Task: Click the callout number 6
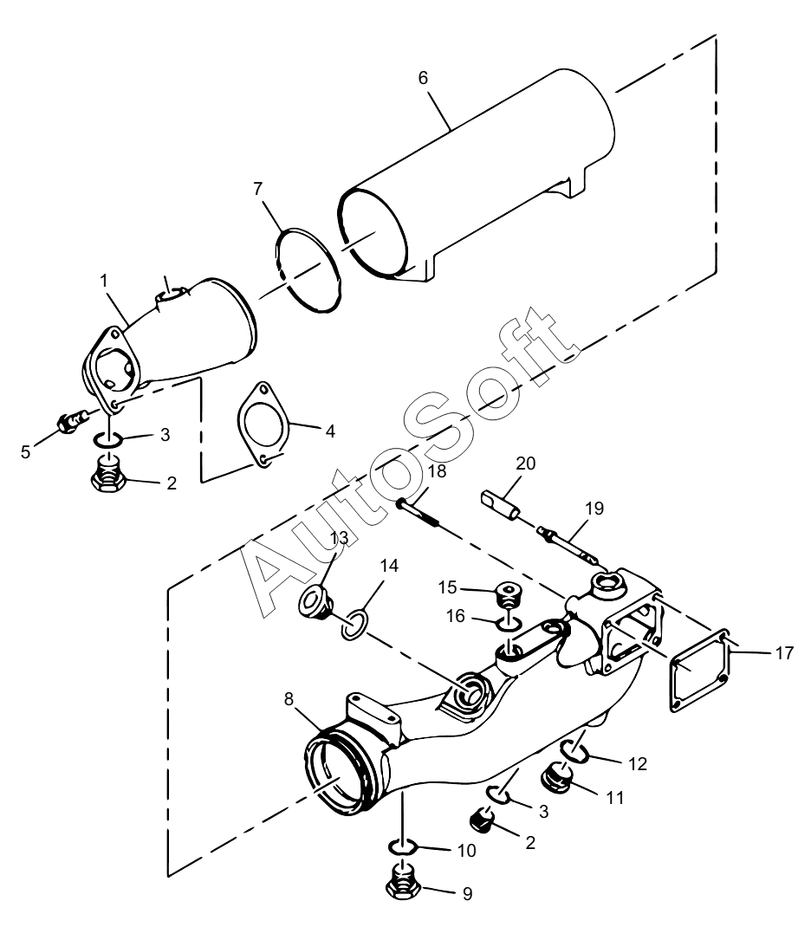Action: (x=423, y=78)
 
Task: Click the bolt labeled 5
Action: (x=72, y=422)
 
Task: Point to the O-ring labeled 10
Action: (x=402, y=848)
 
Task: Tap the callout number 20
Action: (x=525, y=463)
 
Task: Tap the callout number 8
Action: (x=289, y=699)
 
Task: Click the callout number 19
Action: (x=594, y=508)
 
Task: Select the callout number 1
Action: (x=104, y=281)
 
